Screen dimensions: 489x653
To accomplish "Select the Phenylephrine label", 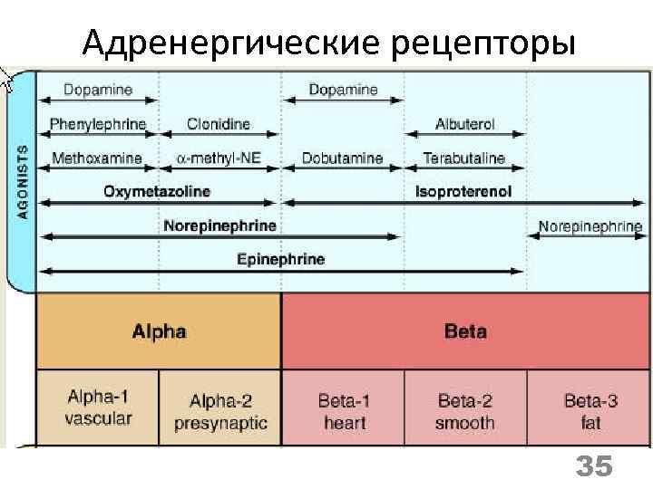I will pyautogui.click(x=98, y=124).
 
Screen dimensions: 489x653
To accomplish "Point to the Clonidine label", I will pyautogui.click(x=219, y=124).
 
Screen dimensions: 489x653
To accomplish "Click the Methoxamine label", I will pyautogui.click(x=97, y=158).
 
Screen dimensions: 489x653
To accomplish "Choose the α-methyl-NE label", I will pyautogui.click(x=219, y=158).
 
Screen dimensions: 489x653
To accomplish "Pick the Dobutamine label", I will pyautogui.click(x=344, y=158).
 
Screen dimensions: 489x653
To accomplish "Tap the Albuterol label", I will pyautogui.click(x=465, y=124).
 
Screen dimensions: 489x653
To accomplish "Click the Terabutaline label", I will pyautogui.click(x=464, y=158).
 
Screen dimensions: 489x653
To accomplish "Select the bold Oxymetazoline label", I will pyautogui.click(x=157, y=191).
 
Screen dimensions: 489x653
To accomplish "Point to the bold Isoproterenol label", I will pyautogui.click(x=463, y=191).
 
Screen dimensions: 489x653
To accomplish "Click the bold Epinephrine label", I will pyautogui.click(x=280, y=259).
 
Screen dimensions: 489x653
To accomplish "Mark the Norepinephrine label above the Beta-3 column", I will pyautogui.click(x=590, y=225).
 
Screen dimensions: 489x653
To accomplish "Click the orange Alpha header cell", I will pyautogui.click(x=159, y=331).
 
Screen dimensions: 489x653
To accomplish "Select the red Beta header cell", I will pyautogui.click(x=465, y=331).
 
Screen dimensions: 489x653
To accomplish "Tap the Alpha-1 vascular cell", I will pyautogui.click(x=99, y=407).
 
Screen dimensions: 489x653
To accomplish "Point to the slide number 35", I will pyautogui.click(x=595, y=467).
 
